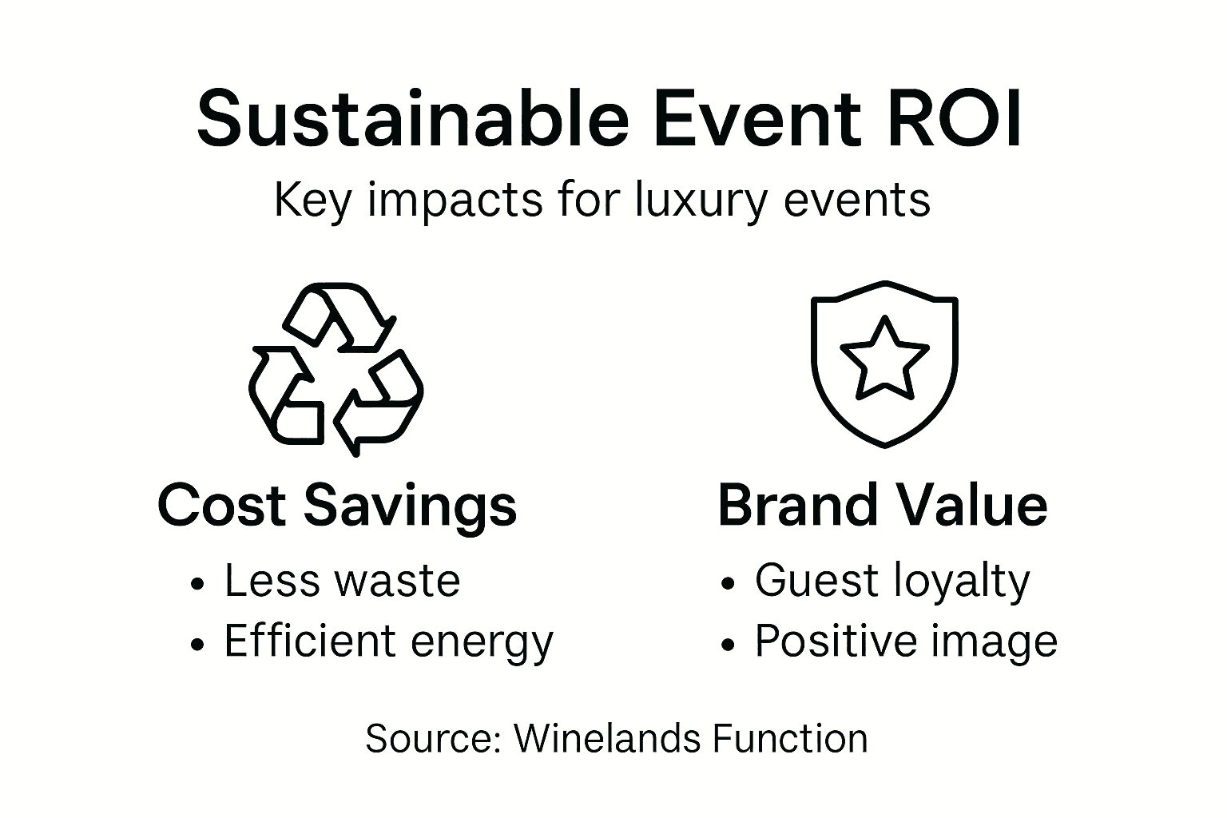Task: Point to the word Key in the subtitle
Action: coord(312,201)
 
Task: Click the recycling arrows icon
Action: coord(336,368)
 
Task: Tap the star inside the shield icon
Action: coord(884,359)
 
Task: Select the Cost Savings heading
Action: coord(337,506)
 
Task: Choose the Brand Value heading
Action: coord(883,505)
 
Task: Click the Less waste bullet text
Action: coord(342,581)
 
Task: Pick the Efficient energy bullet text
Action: coord(388,641)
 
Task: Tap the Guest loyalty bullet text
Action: coord(892,582)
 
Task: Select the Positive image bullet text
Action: coord(906,641)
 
